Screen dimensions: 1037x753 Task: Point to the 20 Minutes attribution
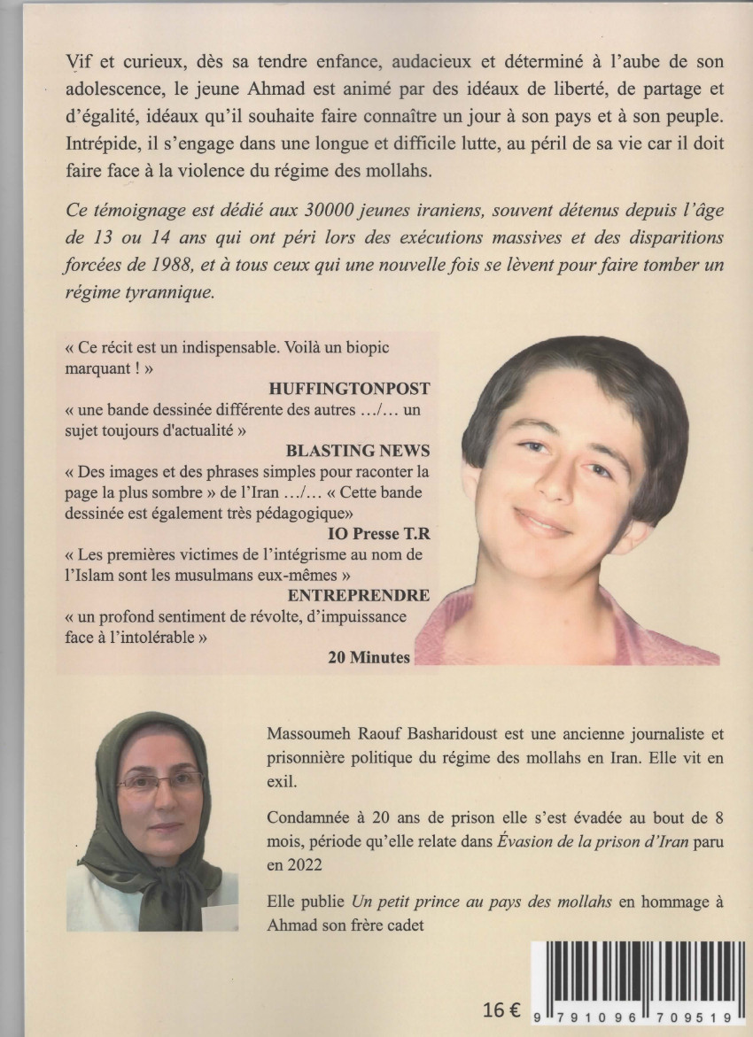tap(369, 656)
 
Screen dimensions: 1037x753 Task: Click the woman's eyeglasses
tap(159, 782)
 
